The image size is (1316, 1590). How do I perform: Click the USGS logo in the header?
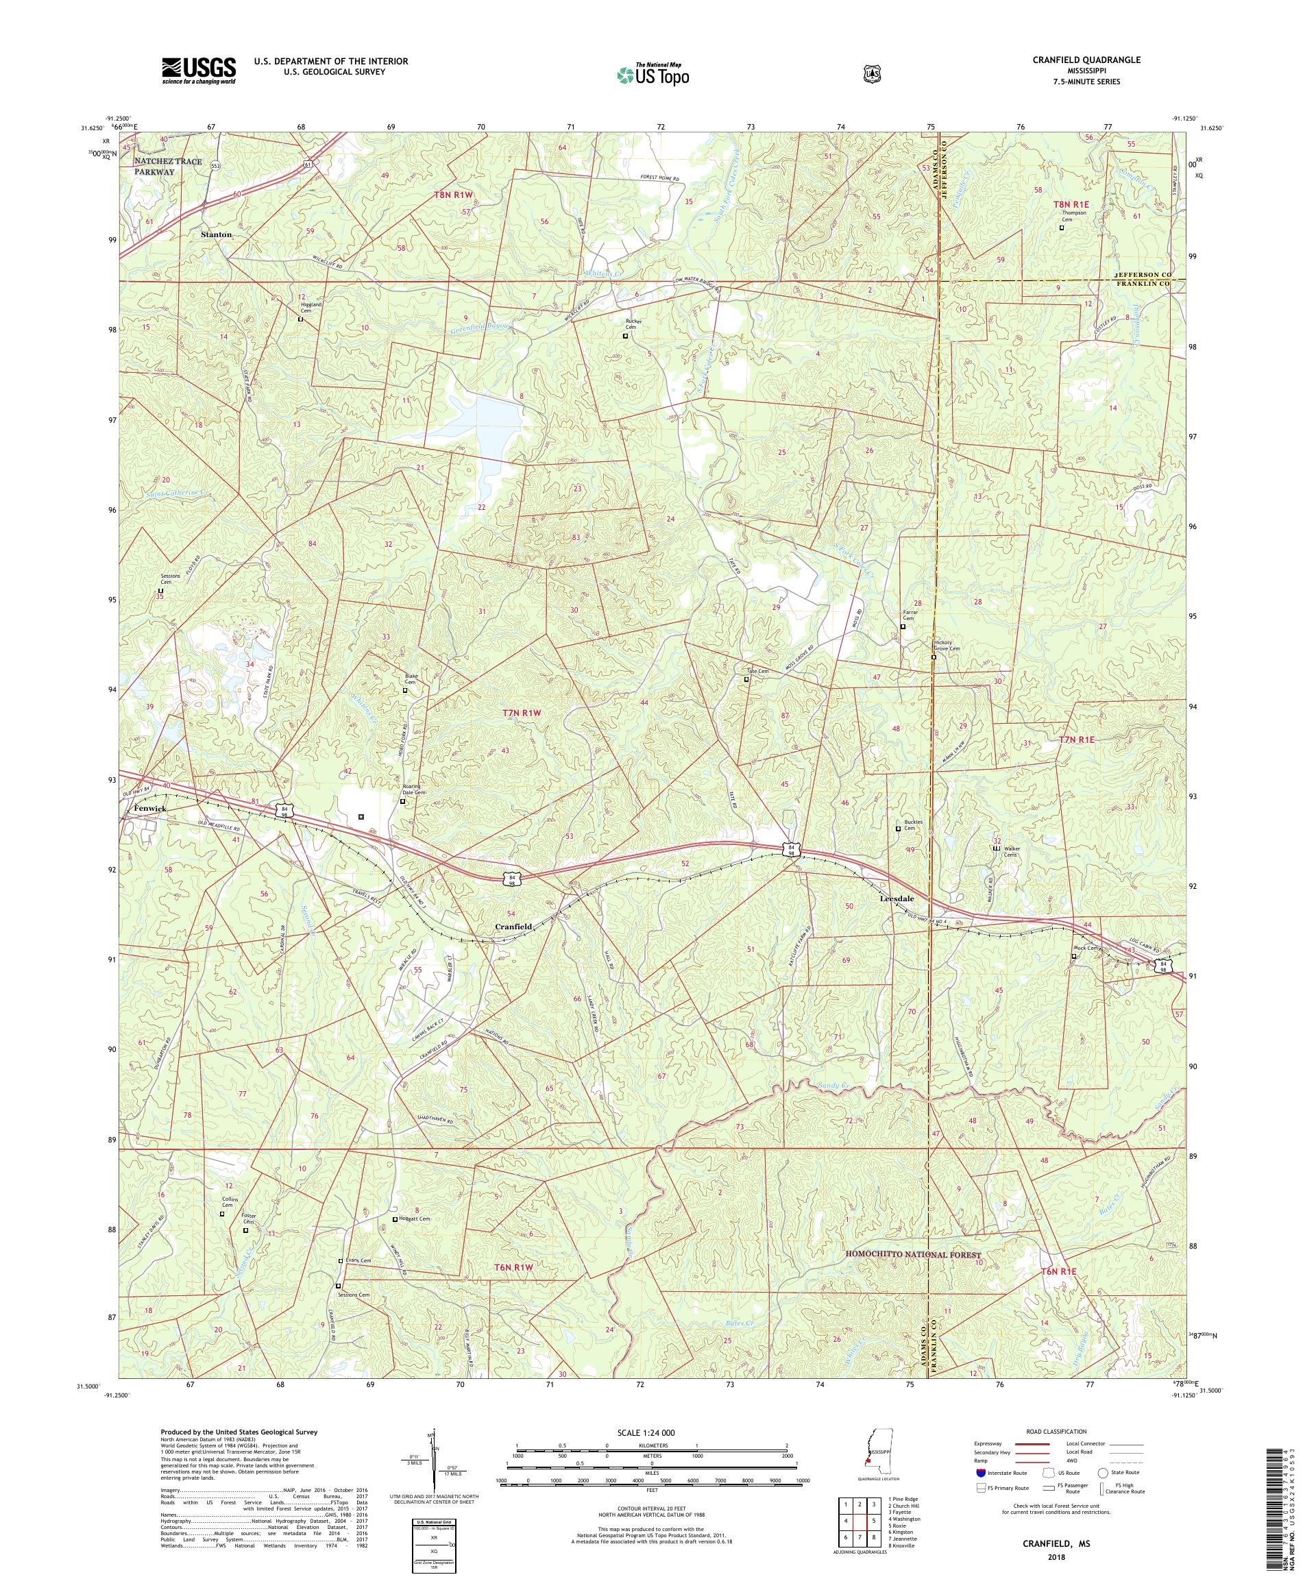[x=198, y=71]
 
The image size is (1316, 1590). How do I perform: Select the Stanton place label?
[x=216, y=234]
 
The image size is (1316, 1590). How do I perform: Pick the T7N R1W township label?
[x=522, y=713]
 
